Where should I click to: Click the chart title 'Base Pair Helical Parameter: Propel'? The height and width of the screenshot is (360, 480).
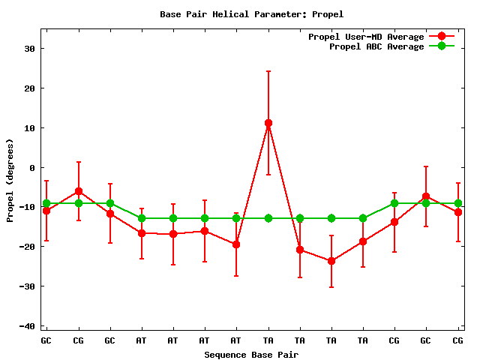251,14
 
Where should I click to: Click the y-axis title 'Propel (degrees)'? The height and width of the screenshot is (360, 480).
10,180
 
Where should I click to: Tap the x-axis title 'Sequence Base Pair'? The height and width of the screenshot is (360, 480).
251,354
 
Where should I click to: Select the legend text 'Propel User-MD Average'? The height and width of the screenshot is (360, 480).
366,37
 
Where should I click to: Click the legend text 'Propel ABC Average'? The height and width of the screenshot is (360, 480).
376,46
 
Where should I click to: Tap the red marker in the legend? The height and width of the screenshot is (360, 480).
442,37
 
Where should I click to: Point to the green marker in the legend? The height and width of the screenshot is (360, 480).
442,46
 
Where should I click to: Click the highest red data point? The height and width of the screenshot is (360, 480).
268,123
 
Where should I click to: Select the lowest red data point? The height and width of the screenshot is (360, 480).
331,261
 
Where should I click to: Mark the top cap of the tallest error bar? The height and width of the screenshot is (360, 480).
268,71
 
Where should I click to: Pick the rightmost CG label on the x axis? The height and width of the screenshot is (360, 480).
457,340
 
